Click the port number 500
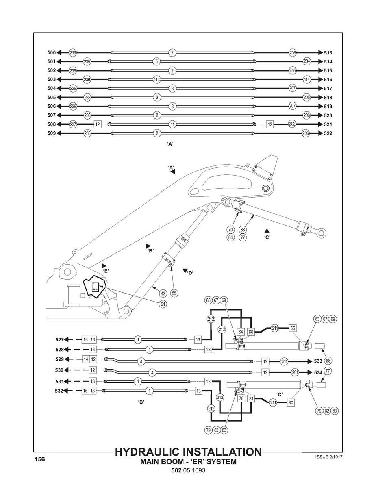coord(51,52)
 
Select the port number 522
coord(328,133)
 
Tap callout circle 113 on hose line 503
coord(157,79)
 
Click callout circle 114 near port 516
coord(306,80)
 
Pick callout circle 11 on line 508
coord(172,124)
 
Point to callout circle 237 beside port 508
coord(73,124)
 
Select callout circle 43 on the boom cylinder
coord(163,293)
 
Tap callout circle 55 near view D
coord(174,293)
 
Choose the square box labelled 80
coord(291,402)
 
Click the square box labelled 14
coord(86,359)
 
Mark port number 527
coord(60,339)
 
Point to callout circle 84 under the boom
coord(231,237)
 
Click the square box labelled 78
coord(241,399)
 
